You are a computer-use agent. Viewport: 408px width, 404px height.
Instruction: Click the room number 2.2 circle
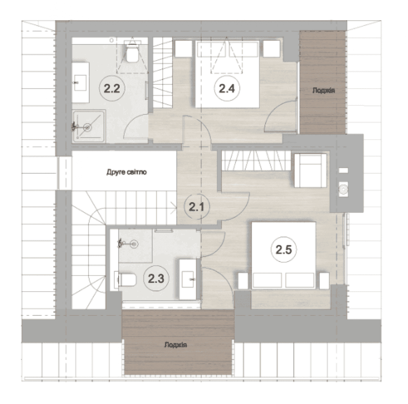pos(112,89)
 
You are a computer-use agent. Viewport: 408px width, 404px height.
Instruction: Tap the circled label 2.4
pos(227,89)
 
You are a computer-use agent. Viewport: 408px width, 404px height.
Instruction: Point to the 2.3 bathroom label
pos(156,279)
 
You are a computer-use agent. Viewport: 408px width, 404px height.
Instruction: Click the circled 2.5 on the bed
pos(283,250)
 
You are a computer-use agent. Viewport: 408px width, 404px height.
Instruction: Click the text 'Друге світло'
pos(127,172)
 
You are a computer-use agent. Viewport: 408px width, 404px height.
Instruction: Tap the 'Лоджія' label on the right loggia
pos(323,90)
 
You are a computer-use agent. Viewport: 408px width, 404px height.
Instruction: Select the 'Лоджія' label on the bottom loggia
pos(176,345)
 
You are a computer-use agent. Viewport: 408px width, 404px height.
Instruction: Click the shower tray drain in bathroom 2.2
pos(87,127)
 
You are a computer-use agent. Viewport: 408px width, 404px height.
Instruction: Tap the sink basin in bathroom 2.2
pos(80,83)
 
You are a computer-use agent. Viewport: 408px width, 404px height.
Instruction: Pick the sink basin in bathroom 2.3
pos(188,279)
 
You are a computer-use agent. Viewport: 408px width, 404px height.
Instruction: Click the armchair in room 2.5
pos(310,170)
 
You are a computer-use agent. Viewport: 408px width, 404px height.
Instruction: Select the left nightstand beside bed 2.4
pos(184,49)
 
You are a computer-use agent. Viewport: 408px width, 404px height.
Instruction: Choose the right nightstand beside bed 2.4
pos(272,49)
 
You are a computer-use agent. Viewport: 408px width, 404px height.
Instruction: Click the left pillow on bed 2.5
pos(267,280)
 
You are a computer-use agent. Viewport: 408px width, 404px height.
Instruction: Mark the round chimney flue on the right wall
pos(343,189)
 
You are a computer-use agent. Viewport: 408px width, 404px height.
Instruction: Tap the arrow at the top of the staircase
pos(173,208)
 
